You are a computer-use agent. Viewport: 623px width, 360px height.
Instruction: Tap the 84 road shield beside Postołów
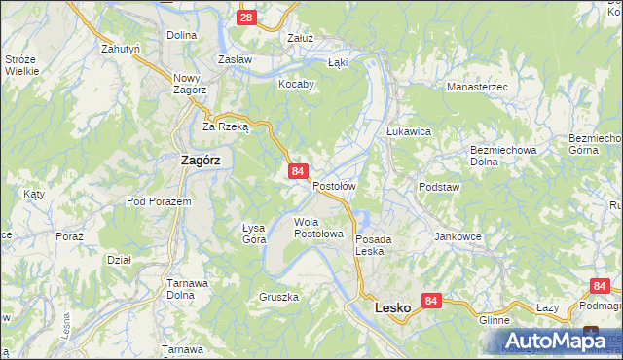tap(299, 171)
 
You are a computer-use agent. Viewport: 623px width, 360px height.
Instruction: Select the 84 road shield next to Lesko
tap(433, 302)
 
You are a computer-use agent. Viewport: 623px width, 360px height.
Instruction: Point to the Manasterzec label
tap(477, 87)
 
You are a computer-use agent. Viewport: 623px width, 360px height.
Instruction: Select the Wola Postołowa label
tap(318, 228)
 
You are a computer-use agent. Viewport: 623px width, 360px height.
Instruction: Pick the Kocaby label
tap(297, 84)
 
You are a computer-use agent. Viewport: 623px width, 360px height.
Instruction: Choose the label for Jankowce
tap(458, 236)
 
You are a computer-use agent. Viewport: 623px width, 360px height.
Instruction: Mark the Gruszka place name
tap(278, 296)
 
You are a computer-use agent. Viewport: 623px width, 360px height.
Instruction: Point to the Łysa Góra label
tap(254, 233)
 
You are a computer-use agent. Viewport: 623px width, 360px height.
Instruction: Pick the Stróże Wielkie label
tap(20, 64)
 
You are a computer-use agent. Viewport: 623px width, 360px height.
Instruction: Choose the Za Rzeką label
tap(226, 126)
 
